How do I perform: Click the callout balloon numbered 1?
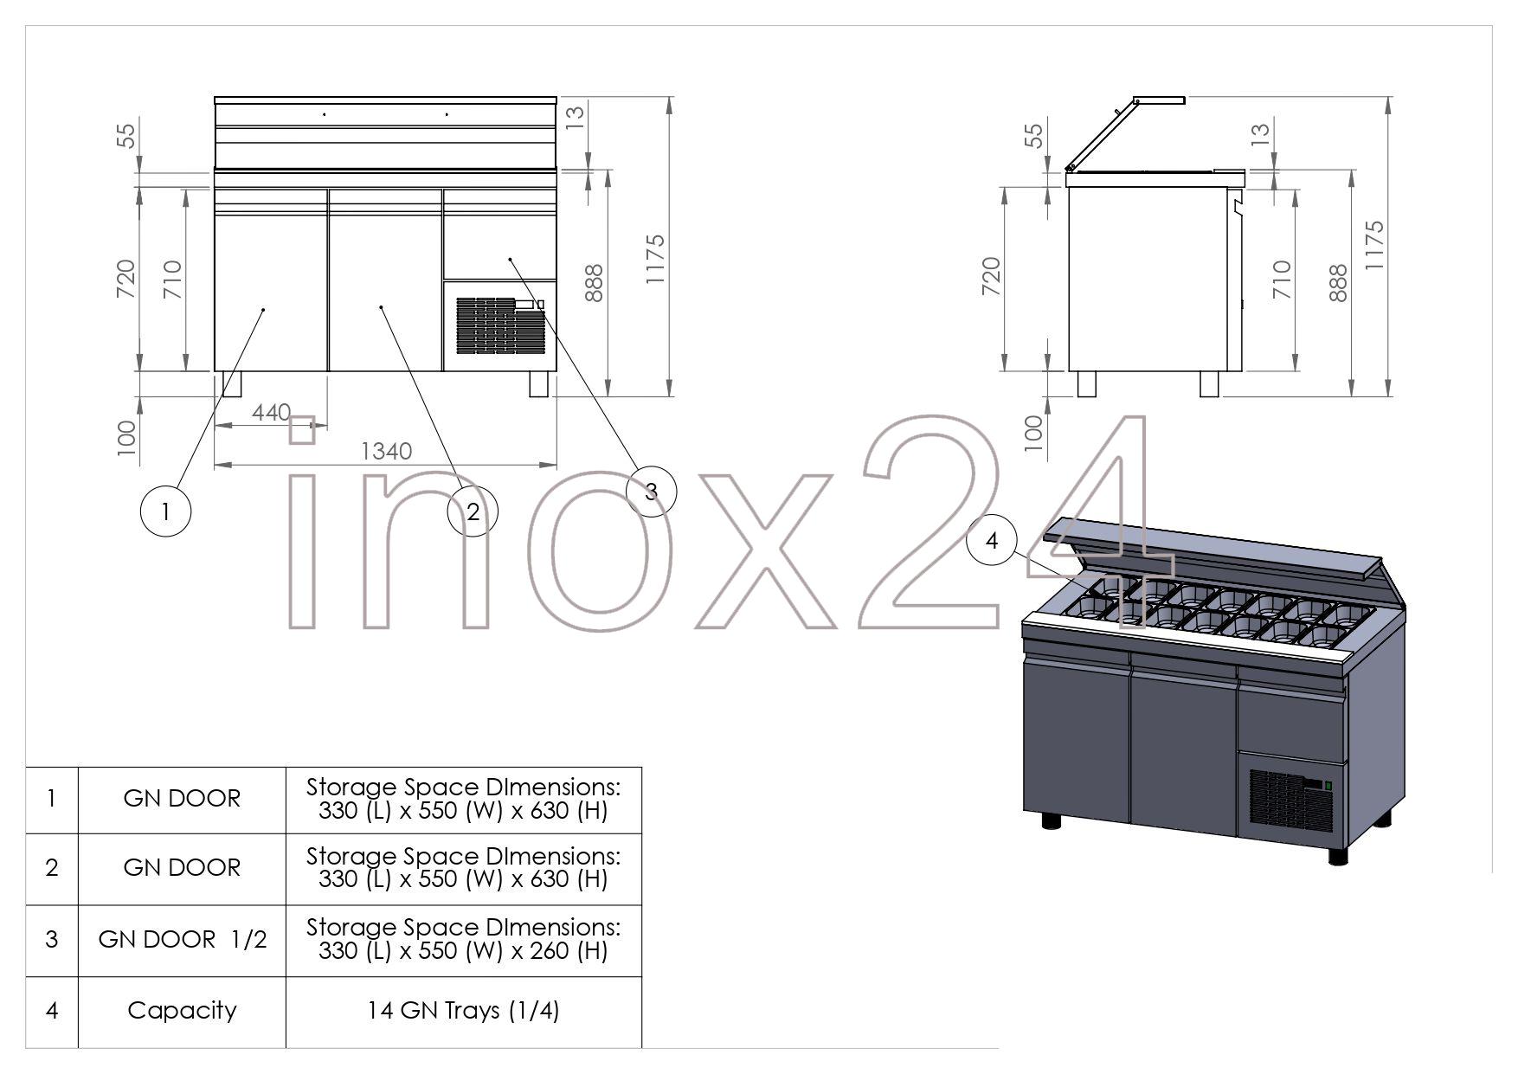point(165,511)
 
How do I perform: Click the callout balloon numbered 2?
point(473,511)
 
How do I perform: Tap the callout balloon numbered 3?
point(651,492)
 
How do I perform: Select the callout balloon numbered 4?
point(992,540)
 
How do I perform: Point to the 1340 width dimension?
point(386,452)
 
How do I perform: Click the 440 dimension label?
point(271,413)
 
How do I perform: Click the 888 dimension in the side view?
point(1338,283)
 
